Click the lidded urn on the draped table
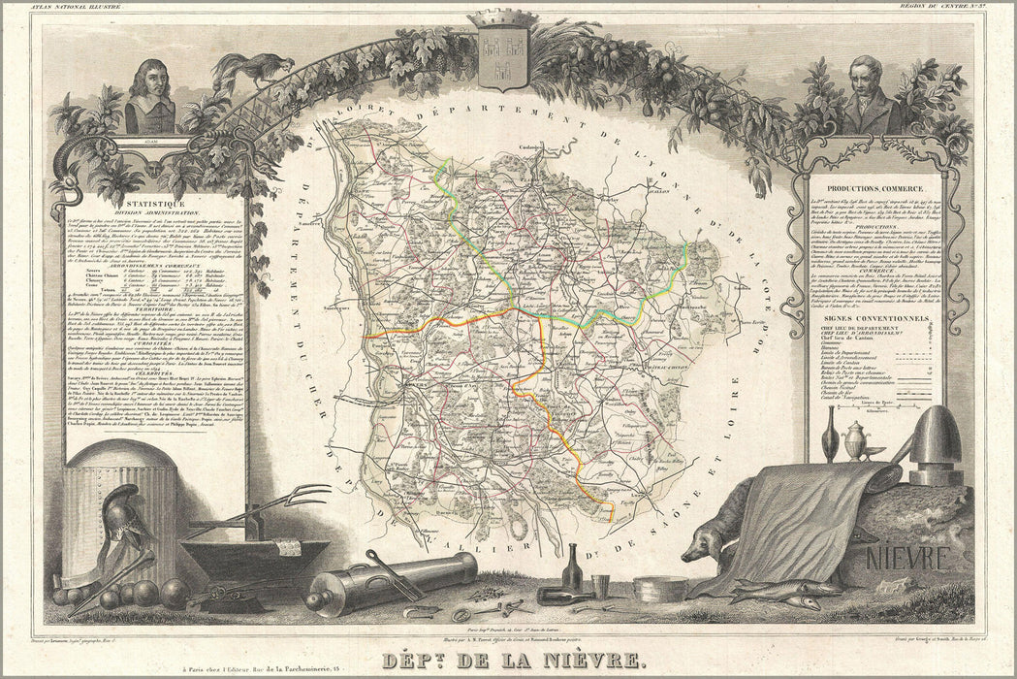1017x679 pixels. [855, 438]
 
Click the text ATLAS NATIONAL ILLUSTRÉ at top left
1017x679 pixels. [79, 7]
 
